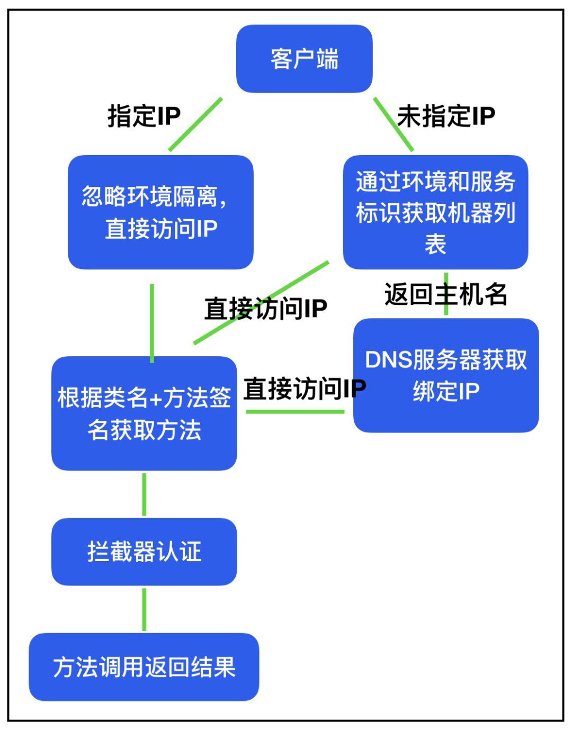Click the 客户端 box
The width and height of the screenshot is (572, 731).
tap(304, 59)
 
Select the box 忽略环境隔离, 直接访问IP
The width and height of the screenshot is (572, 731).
tap(160, 212)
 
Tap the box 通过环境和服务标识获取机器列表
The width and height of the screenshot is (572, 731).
tap(435, 212)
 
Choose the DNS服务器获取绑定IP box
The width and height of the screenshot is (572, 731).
tap(446, 375)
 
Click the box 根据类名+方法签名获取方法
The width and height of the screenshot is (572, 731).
tap(144, 413)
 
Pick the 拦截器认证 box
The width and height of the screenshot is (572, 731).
tap(144, 552)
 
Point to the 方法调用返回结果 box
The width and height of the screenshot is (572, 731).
tap(144, 667)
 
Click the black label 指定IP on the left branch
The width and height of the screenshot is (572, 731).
tap(144, 116)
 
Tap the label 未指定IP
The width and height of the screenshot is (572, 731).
tap(446, 116)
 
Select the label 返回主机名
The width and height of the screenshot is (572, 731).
tap(446, 294)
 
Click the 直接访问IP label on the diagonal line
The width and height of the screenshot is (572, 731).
tap(266, 309)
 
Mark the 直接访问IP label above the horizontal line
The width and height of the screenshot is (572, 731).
tap(305, 389)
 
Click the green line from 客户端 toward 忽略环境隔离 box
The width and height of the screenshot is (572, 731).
tap(195, 124)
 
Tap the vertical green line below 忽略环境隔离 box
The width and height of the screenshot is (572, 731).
tap(152, 323)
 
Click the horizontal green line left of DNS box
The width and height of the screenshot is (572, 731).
tap(294, 411)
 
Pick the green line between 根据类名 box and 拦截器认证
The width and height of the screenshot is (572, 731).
tap(144, 494)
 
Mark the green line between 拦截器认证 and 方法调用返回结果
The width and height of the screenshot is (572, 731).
tap(144, 609)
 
